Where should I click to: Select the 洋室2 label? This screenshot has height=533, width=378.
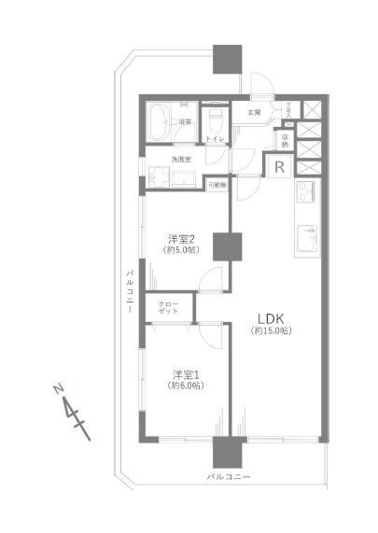[181, 237]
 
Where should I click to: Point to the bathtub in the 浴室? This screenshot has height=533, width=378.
[160, 122]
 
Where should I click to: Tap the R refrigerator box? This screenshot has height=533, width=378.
[279, 168]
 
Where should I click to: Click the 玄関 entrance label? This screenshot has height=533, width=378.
[254, 113]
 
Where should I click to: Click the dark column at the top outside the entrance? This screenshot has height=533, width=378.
[228, 60]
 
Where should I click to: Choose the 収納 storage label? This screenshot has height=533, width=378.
[285, 140]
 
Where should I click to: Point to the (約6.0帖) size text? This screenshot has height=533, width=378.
[185, 386]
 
